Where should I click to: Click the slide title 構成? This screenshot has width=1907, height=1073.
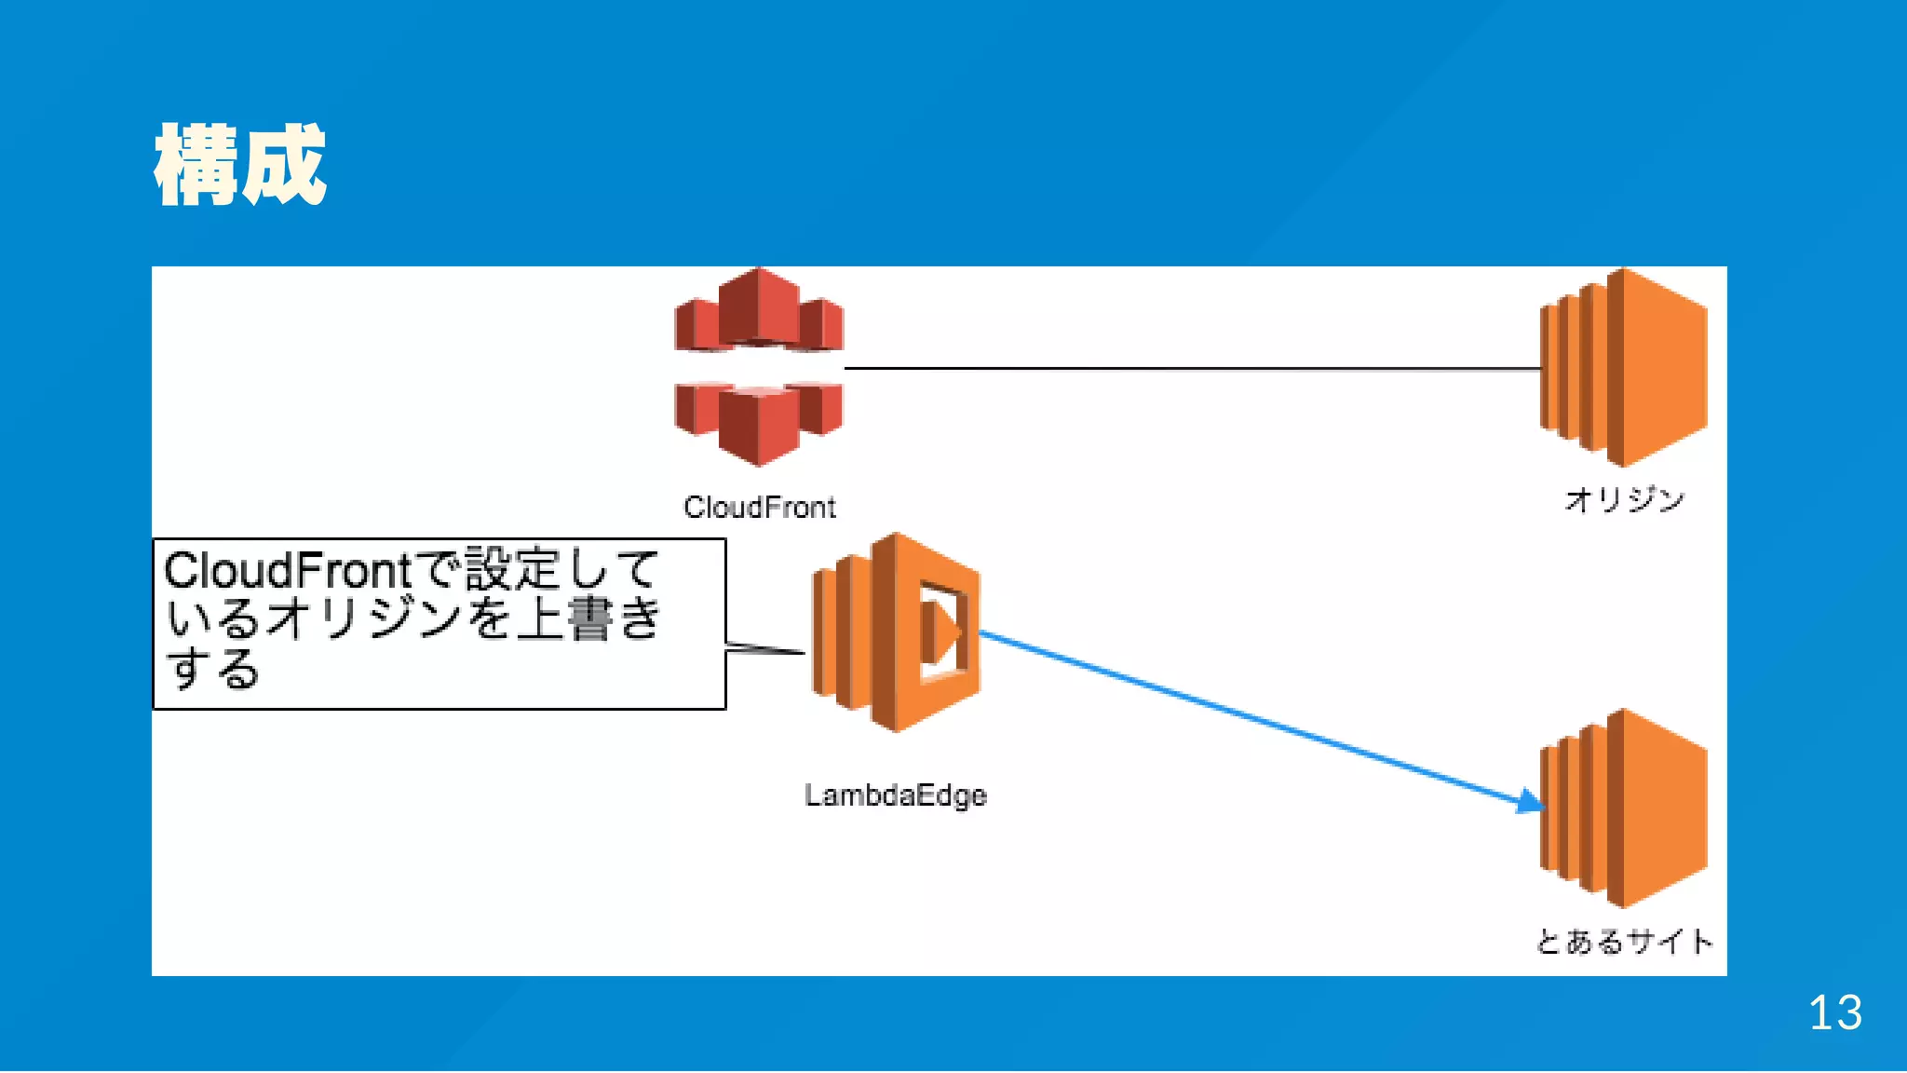(x=240, y=165)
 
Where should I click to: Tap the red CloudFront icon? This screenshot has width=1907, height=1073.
(x=759, y=367)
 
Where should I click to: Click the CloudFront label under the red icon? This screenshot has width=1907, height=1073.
(x=759, y=508)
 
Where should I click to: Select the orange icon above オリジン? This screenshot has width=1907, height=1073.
(x=1624, y=367)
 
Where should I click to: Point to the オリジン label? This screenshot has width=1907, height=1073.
(x=1624, y=500)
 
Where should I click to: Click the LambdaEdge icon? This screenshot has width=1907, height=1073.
(x=895, y=632)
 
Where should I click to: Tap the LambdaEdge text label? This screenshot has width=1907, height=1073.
(x=895, y=795)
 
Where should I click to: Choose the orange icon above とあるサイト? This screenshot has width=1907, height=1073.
(x=1624, y=808)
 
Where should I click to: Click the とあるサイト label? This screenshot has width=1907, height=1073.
(x=1624, y=942)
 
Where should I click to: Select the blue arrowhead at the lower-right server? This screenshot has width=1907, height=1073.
(x=1529, y=801)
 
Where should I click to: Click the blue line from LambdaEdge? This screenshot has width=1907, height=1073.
(x=1248, y=718)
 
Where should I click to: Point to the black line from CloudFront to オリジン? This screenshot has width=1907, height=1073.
(x=1192, y=369)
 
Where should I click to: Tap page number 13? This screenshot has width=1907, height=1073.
(x=1834, y=1012)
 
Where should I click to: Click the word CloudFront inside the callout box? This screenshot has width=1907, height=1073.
(x=287, y=570)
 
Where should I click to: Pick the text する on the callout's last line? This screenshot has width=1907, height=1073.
(x=212, y=669)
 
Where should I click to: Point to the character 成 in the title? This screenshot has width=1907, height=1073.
(x=284, y=165)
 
